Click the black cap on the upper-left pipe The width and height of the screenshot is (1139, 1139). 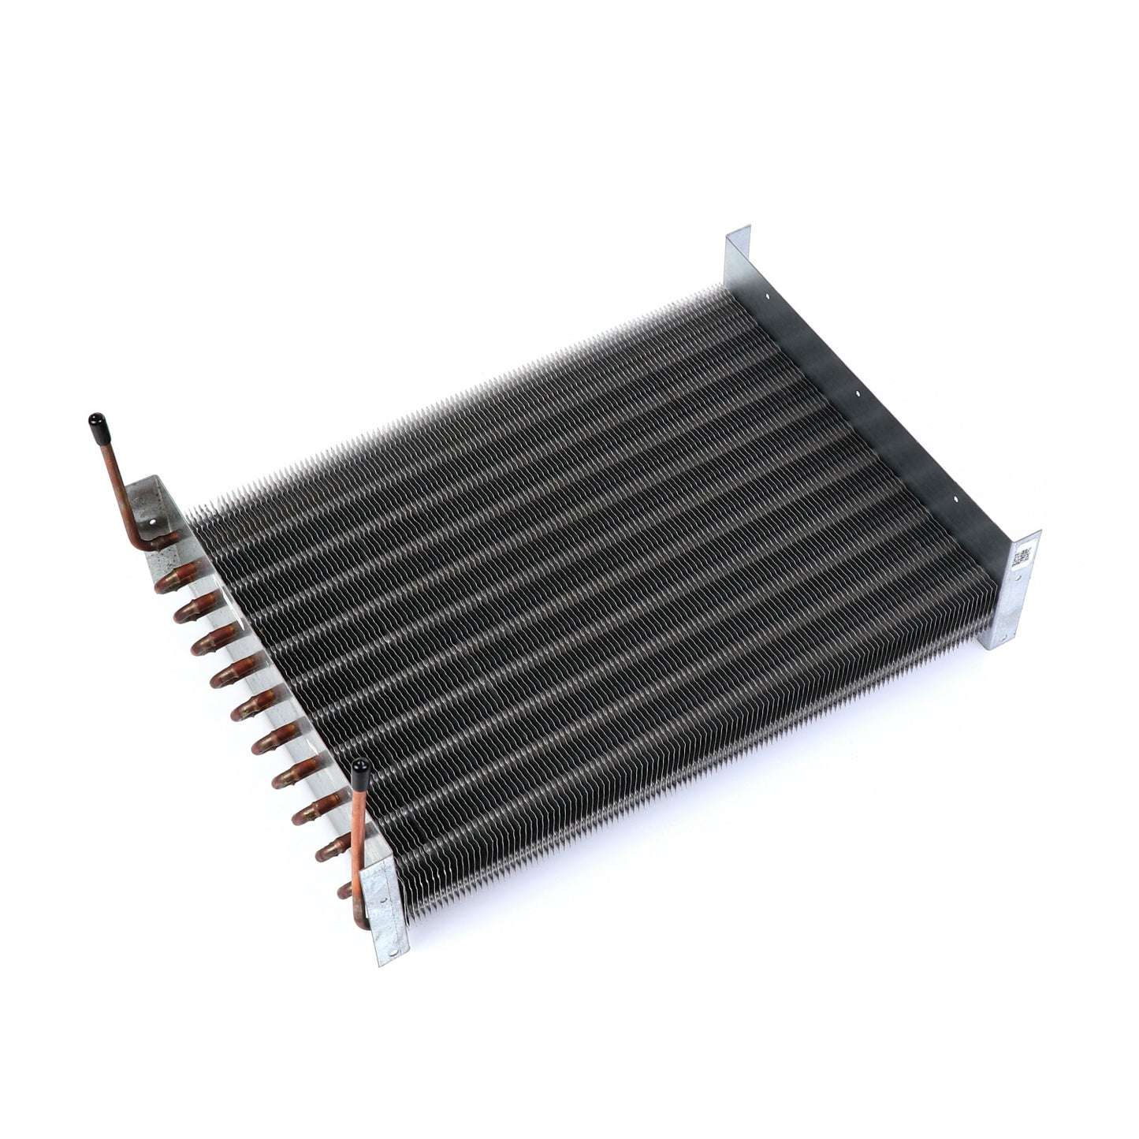[x=97, y=425]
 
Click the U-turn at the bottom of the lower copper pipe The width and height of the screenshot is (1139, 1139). [x=359, y=918]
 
